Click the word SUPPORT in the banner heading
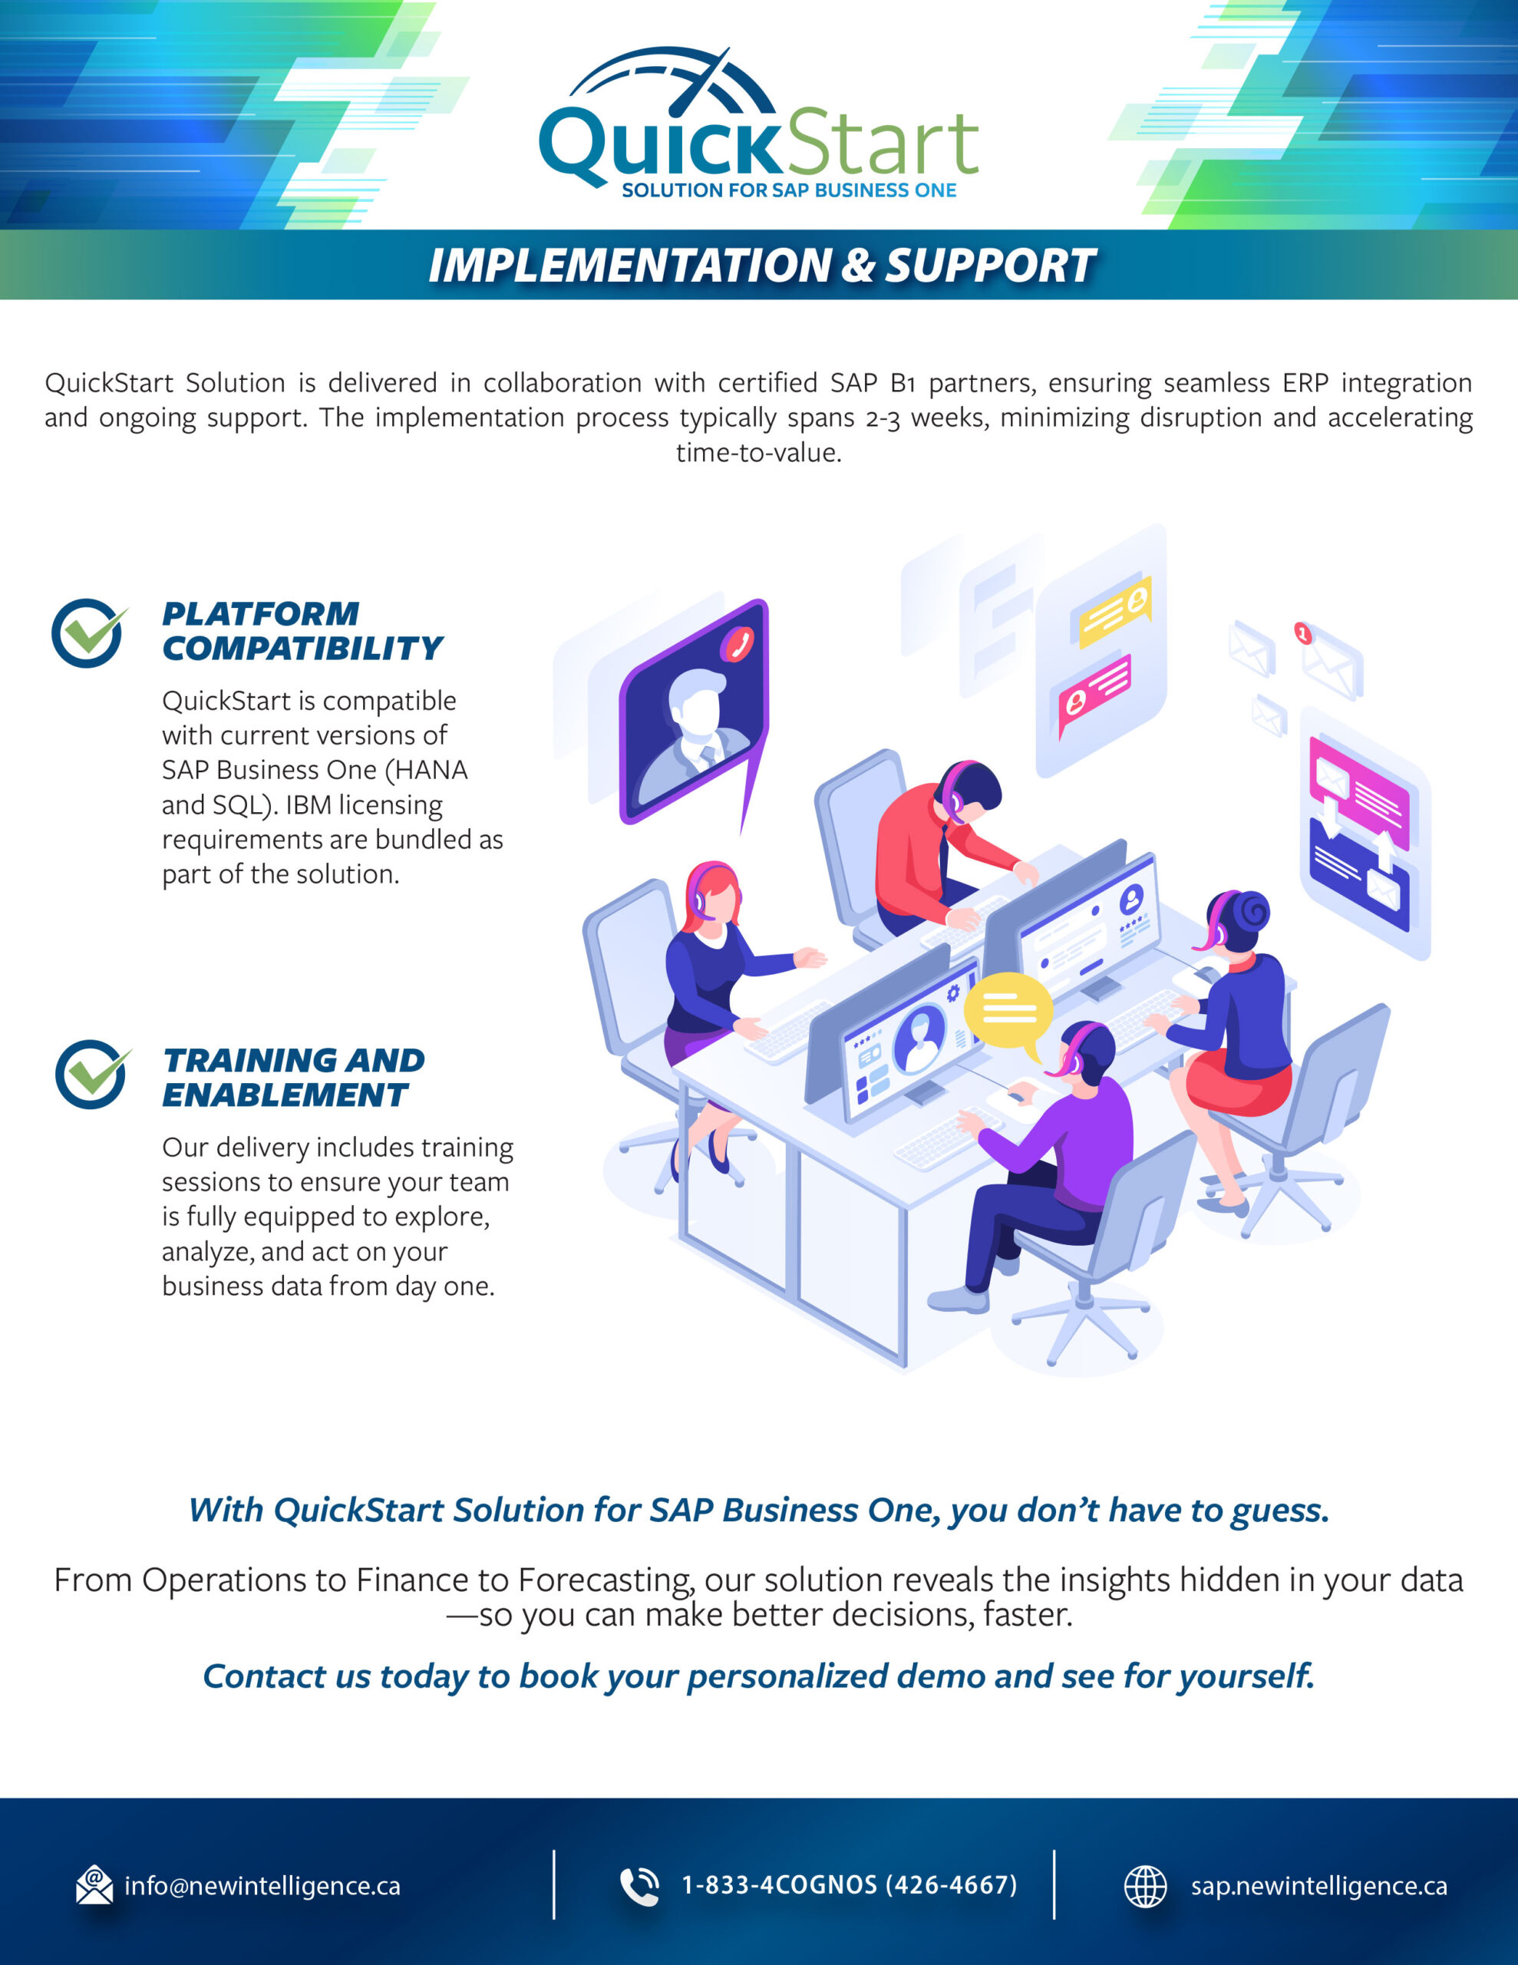click(990, 266)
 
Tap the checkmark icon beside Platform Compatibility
click(87, 632)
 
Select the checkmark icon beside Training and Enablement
click(91, 1075)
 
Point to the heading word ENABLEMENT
click(285, 1095)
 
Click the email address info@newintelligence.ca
click(262, 1886)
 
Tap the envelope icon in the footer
click(94, 1886)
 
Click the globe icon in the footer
click(1146, 1886)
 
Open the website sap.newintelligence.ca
click(1318, 1886)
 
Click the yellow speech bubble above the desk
click(1008, 1010)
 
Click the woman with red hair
click(715, 963)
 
